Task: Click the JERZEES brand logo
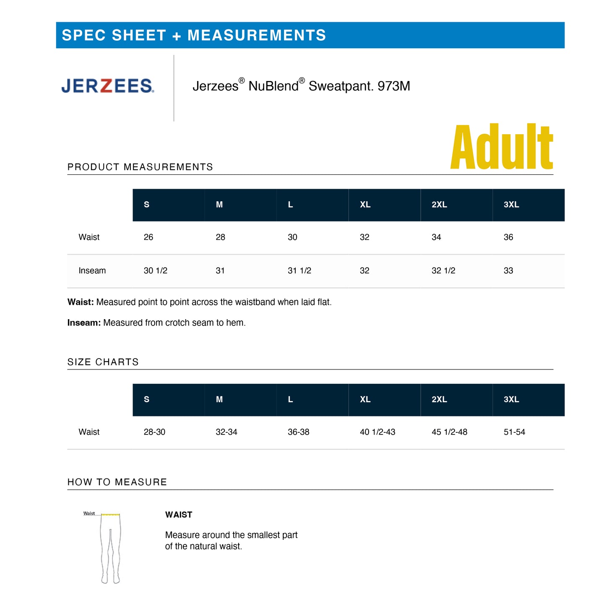(108, 86)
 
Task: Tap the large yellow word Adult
(502, 147)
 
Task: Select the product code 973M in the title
(394, 86)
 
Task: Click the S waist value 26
(148, 237)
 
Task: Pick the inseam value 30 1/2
(156, 271)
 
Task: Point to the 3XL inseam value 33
(508, 271)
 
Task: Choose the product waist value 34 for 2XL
(436, 237)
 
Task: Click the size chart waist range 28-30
(154, 432)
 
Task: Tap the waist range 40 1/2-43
(377, 432)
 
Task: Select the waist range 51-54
(514, 432)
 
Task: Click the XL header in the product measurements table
(365, 205)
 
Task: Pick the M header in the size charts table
(219, 400)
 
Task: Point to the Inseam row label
(92, 271)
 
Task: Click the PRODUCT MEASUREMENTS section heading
(140, 167)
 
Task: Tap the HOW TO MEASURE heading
(117, 482)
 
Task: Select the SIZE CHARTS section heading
(103, 362)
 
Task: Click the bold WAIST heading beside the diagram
(179, 515)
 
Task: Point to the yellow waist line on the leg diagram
(111, 515)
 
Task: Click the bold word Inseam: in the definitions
(84, 323)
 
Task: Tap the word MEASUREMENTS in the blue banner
(257, 35)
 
